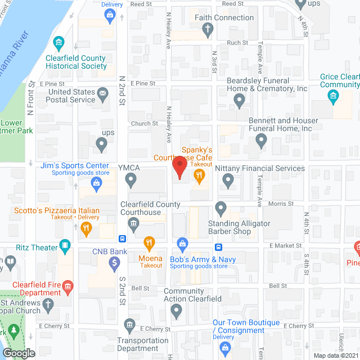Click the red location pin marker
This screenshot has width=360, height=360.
click(179, 167)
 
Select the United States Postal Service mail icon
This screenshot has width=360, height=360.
click(102, 94)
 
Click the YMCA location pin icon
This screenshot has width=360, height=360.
click(131, 181)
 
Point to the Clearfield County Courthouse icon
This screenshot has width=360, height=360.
click(134, 226)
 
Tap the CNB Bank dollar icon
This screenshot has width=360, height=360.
click(114, 262)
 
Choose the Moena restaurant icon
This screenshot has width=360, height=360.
click(149, 244)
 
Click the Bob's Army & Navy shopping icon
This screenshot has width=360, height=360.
click(182, 244)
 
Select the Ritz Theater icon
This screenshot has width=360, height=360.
click(66, 246)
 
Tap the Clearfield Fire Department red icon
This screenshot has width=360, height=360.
click(67, 287)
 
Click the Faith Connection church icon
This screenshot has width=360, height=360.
click(208, 30)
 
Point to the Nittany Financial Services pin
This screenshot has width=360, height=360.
click(228, 181)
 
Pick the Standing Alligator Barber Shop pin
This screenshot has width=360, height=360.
click(221, 209)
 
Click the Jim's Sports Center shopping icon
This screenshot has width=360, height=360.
click(97, 182)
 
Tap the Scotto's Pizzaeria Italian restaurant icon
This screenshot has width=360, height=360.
click(86, 228)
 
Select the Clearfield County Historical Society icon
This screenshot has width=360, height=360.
click(58, 44)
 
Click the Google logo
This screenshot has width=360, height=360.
click(19, 353)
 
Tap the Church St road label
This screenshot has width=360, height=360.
click(145, 124)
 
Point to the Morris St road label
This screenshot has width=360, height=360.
click(281, 204)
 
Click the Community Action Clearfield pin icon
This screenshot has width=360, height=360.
click(178, 310)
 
